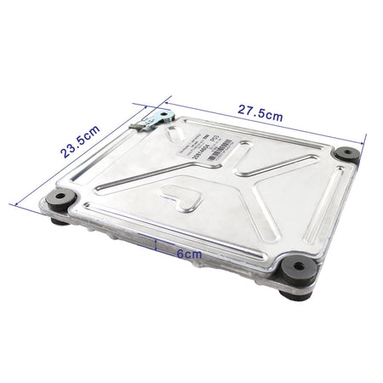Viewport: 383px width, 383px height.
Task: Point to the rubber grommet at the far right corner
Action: tap(347, 155)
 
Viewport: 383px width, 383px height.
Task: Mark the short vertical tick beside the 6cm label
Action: tap(157, 245)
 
